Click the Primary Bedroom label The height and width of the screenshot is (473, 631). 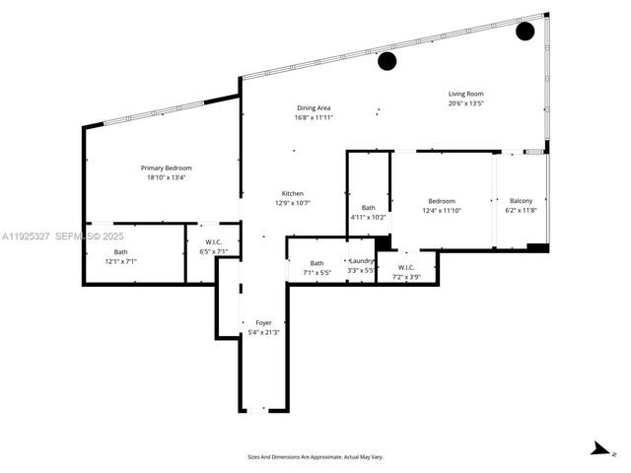166,169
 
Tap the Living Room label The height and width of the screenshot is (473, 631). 465,94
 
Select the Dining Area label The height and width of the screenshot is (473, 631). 314,107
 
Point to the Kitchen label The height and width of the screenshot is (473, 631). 292,193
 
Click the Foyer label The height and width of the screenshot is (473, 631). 263,322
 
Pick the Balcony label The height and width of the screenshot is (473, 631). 519,201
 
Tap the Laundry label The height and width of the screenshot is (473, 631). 361,261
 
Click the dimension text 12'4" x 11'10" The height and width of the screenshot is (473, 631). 442,211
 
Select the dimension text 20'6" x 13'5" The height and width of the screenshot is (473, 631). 465,103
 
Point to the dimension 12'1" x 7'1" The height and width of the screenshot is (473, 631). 120,262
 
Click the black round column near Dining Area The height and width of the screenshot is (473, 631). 387,61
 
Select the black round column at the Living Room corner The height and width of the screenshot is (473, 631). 526,31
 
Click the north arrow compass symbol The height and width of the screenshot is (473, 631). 599,450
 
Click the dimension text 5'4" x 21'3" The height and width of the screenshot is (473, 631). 263,332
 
